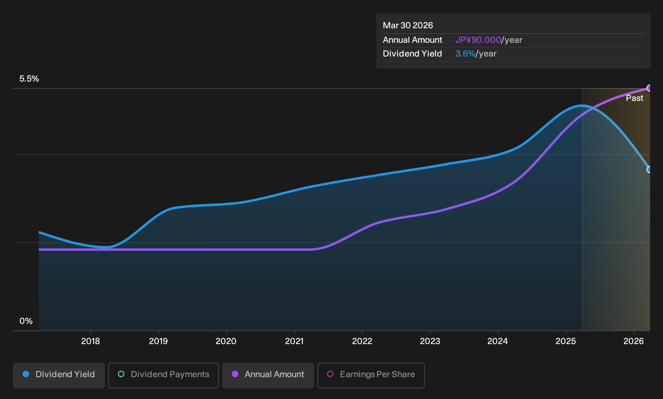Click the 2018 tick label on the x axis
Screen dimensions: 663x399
[90, 341]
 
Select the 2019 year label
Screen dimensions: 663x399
[158, 341]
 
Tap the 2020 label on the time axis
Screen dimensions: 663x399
[226, 341]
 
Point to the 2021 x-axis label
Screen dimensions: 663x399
[294, 341]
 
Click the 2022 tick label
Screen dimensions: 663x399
[362, 341]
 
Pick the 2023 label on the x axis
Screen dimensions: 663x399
[430, 341]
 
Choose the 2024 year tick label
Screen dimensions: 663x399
[497, 341]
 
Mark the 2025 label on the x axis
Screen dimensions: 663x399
[566, 341]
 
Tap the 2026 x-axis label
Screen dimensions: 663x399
[634, 341]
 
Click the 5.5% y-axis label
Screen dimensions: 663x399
[29, 79]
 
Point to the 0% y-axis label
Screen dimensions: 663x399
[26, 321]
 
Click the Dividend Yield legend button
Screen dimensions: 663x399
[59, 375]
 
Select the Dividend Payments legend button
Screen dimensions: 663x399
[164, 375]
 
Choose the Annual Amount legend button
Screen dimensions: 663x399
[268, 375]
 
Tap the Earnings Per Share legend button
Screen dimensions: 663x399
[371, 375]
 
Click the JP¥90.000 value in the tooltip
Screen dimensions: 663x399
[478, 40]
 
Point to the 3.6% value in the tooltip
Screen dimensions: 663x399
[465, 54]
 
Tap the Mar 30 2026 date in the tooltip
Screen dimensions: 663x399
[408, 25]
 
